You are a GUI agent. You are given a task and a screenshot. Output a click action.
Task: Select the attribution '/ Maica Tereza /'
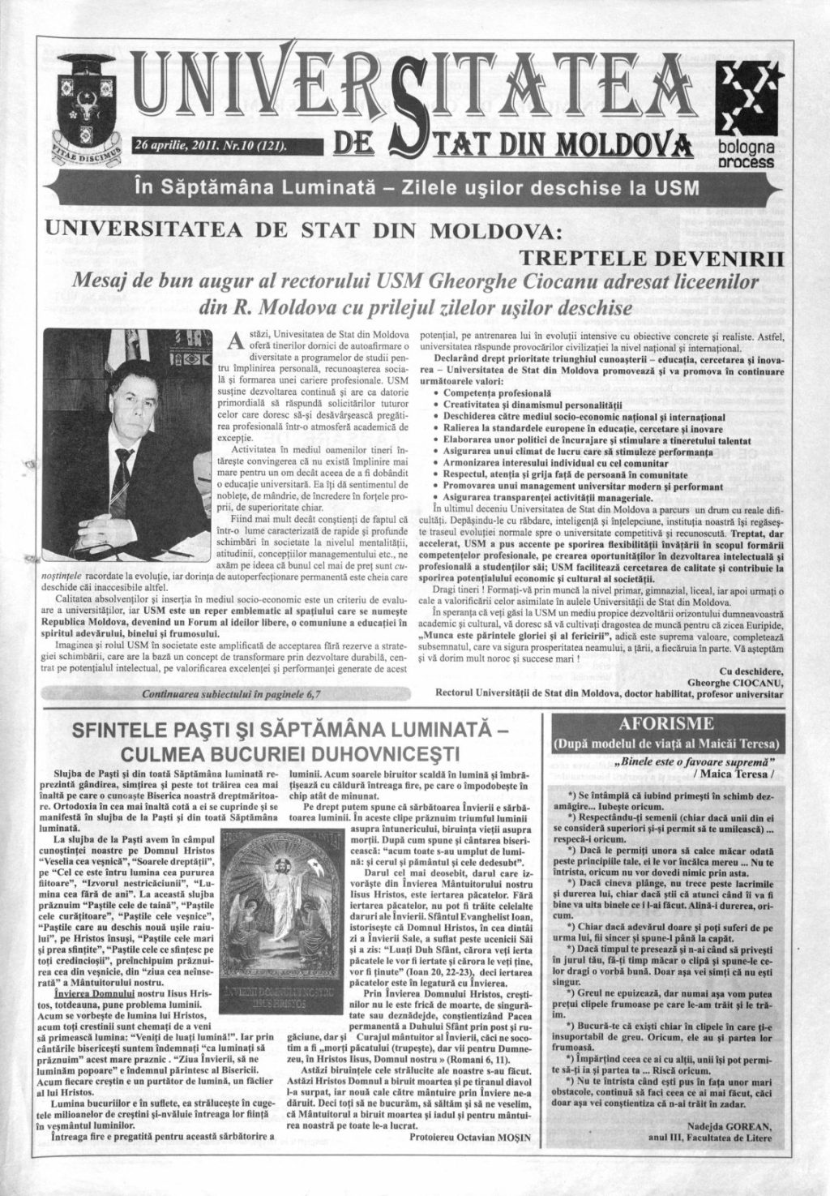click(x=736, y=774)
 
